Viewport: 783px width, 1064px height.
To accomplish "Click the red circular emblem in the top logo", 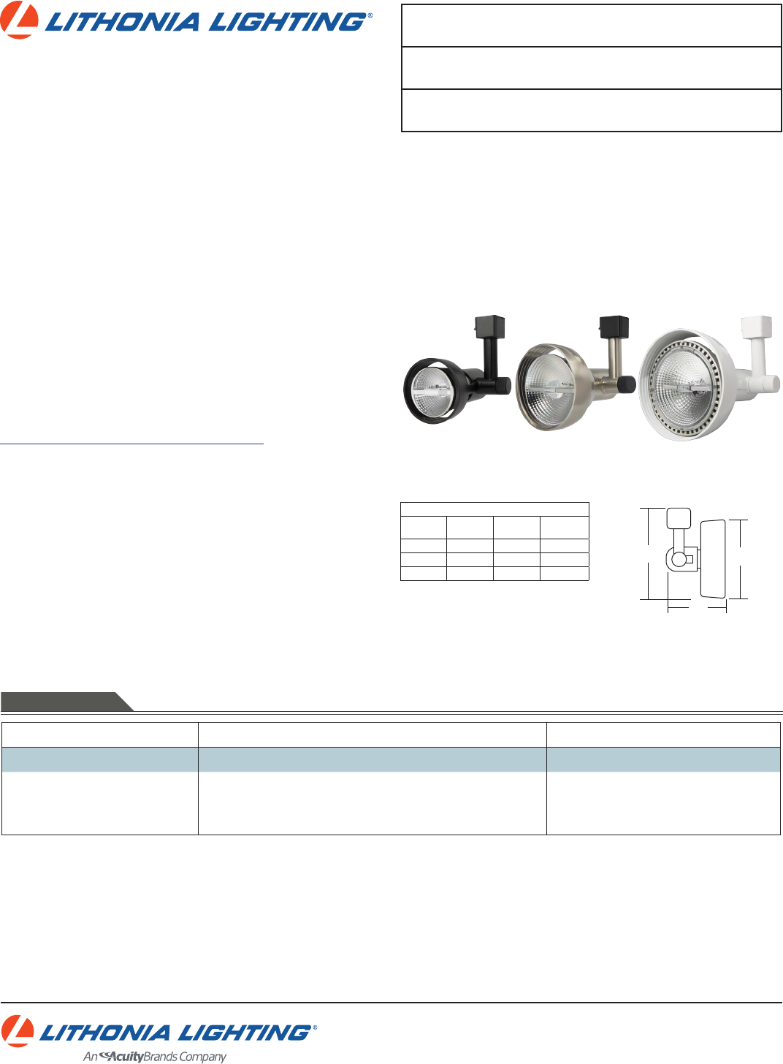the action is pos(19,20).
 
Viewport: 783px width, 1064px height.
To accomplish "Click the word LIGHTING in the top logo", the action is pos(287,23).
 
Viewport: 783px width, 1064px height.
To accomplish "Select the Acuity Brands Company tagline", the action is pos(154,1057).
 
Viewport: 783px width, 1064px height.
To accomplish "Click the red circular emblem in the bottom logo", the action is pos(17,1031).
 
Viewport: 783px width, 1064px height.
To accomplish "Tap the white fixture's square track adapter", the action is pos(757,327).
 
